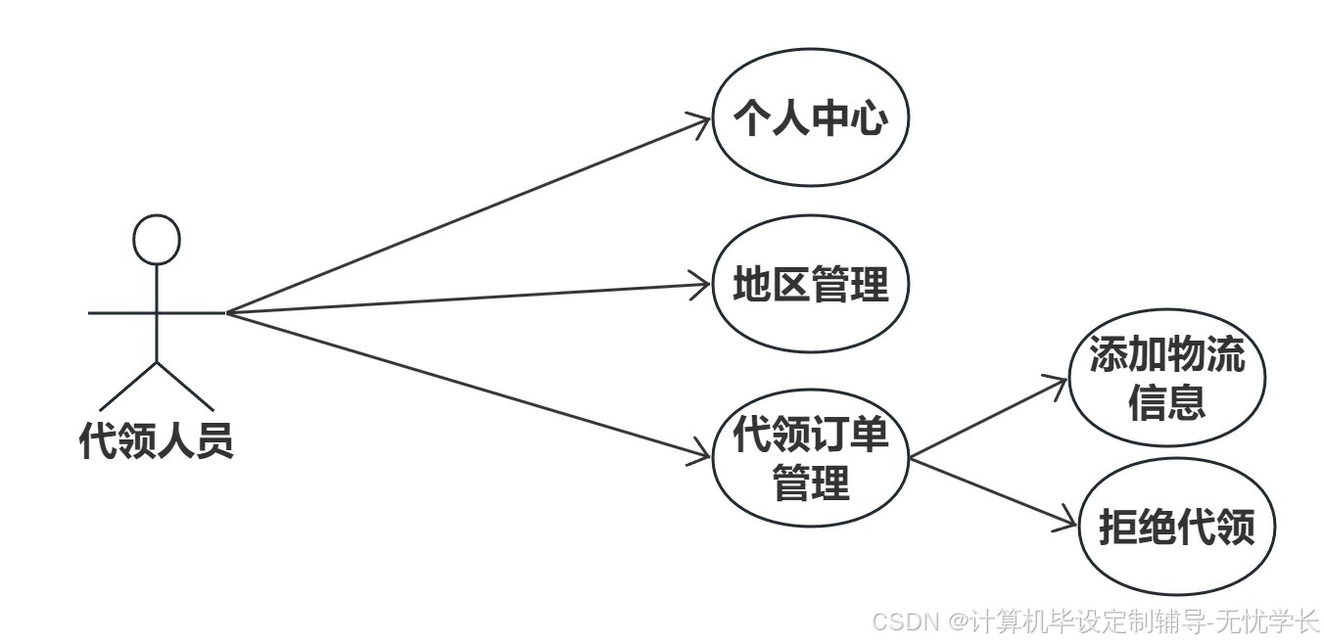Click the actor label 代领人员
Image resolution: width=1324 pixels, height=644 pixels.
point(157,440)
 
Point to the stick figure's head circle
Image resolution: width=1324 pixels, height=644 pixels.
point(157,239)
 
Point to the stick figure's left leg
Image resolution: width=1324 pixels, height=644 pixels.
point(128,386)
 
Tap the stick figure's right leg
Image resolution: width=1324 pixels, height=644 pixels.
point(185,386)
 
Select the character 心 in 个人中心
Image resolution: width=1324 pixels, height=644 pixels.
point(870,119)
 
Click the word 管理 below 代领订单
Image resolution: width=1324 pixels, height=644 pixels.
point(811,483)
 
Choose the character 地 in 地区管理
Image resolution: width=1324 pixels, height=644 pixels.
point(753,285)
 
